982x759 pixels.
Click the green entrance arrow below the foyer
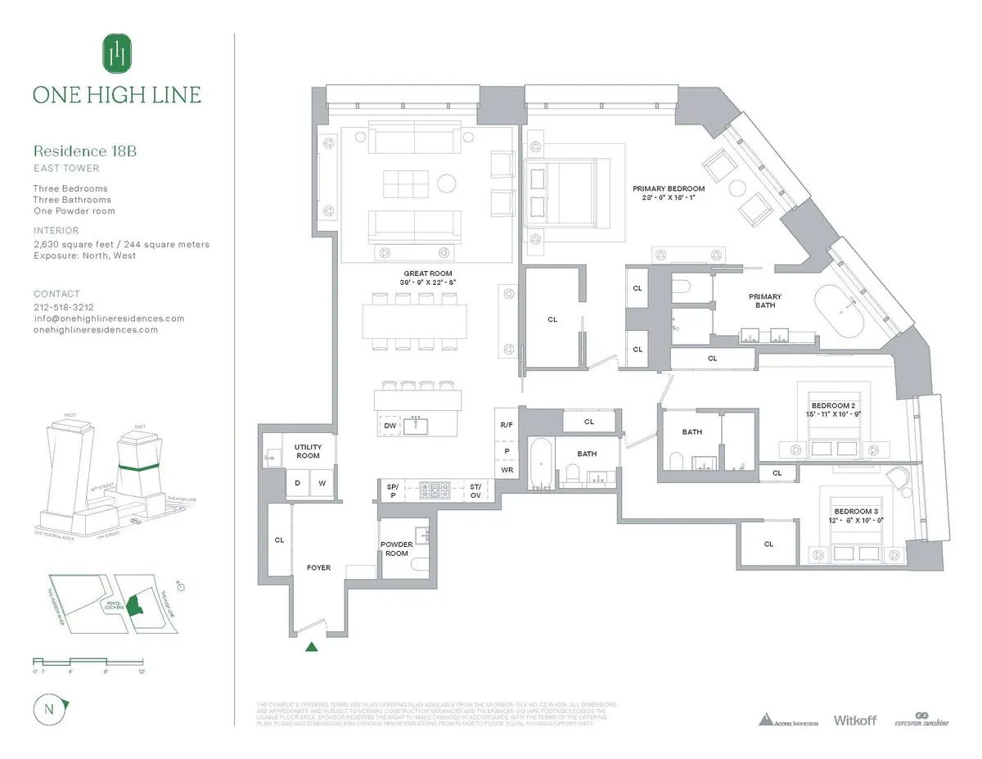coord(311,648)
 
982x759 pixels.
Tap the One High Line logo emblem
coord(115,54)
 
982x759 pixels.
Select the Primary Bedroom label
coord(668,188)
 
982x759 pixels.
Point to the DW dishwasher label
coord(390,425)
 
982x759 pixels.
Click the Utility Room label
coord(308,451)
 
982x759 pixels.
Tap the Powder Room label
coord(396,549)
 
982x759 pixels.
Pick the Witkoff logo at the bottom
coord(855,720)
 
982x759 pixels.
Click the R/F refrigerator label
coord(507,425)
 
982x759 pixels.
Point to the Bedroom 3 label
coord(855,511)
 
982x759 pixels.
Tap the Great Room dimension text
coord(428,282)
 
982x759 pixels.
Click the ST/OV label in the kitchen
coord(476,490)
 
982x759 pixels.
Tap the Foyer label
coord(318,567)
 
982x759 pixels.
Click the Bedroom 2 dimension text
coord(833,415)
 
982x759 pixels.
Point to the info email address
coord(108,319)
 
